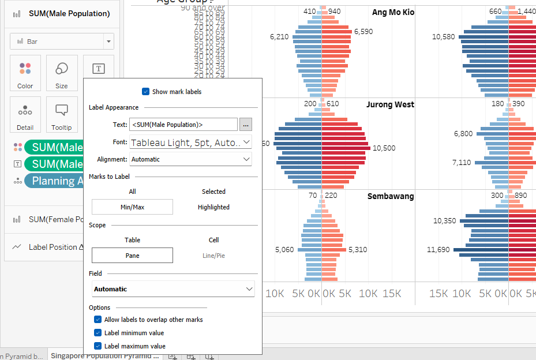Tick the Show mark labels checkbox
click(145, 92)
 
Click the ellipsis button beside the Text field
click(246, 124)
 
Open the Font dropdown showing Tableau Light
click(191, 142)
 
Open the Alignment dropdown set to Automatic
click(191, 159)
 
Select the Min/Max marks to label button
click(132, 207)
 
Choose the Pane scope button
click(132, 256)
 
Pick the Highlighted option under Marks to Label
click(213, 207)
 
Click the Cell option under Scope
click(213, 240)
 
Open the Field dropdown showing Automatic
click(173, 289)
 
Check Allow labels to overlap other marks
click(98, 320)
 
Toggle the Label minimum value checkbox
click(98, 333)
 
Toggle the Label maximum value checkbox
click(98, 346)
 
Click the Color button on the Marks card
click(25, 73)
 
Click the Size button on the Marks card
click(62, 73)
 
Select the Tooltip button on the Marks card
click(62, 115)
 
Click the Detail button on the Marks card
click(25, 115)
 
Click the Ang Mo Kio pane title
click(393, 12)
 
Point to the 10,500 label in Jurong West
click(384, 148)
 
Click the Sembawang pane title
click(391, 197)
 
